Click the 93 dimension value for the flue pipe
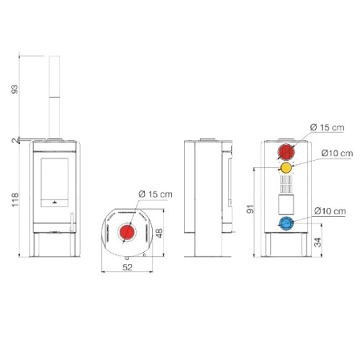(x=14, y=89)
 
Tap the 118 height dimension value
(x=15, y=199)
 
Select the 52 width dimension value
(x=127, y=267)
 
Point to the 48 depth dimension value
(x=159, y=233)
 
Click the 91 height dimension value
(x=250, y=209)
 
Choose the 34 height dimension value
(x=318, y=243)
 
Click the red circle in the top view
(x=127, y=232)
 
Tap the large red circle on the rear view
(x=286, y=152)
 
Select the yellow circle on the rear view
(x=286, y=168)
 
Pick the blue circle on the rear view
(x=286, y=223)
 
